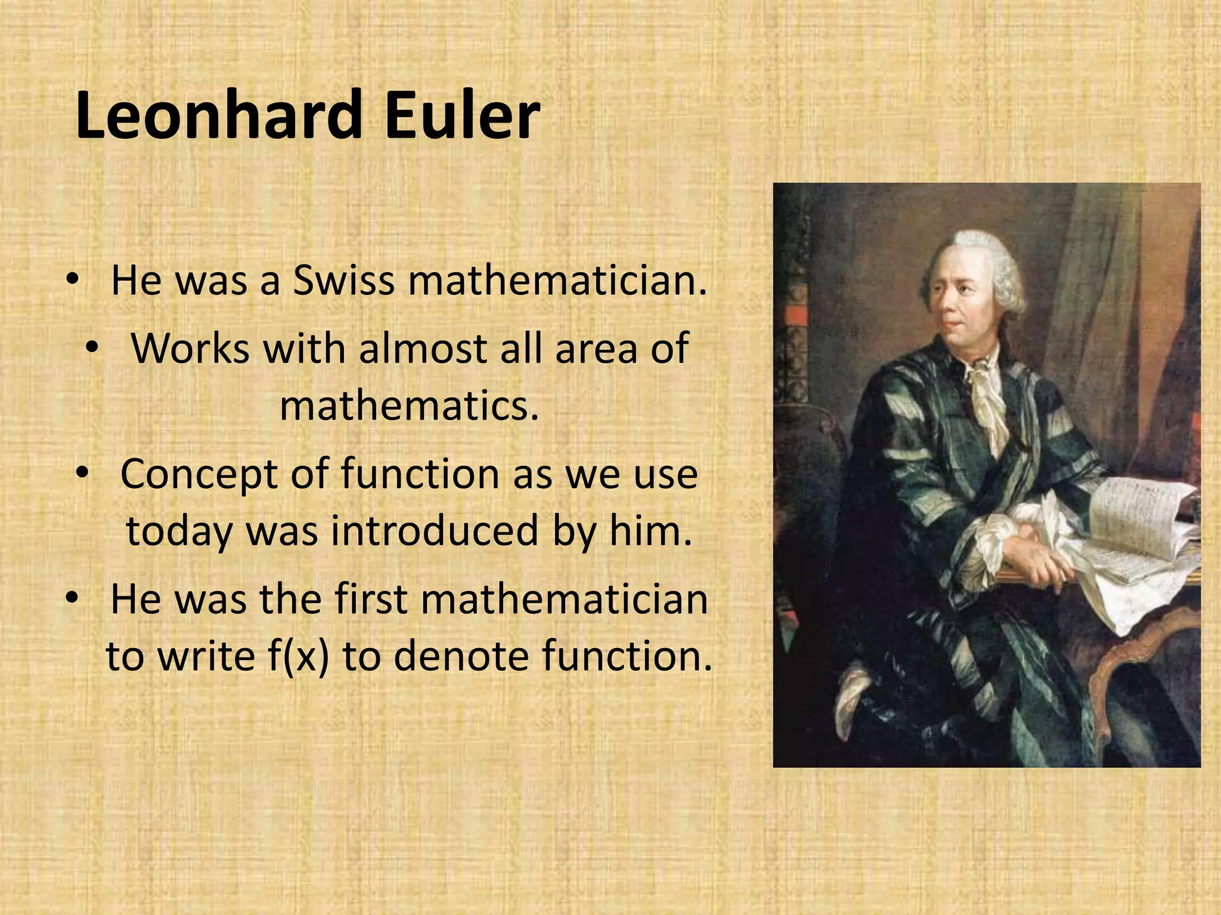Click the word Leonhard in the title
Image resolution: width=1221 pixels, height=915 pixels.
(218, 114)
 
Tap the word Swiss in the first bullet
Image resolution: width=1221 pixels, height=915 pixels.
(343, 280)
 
